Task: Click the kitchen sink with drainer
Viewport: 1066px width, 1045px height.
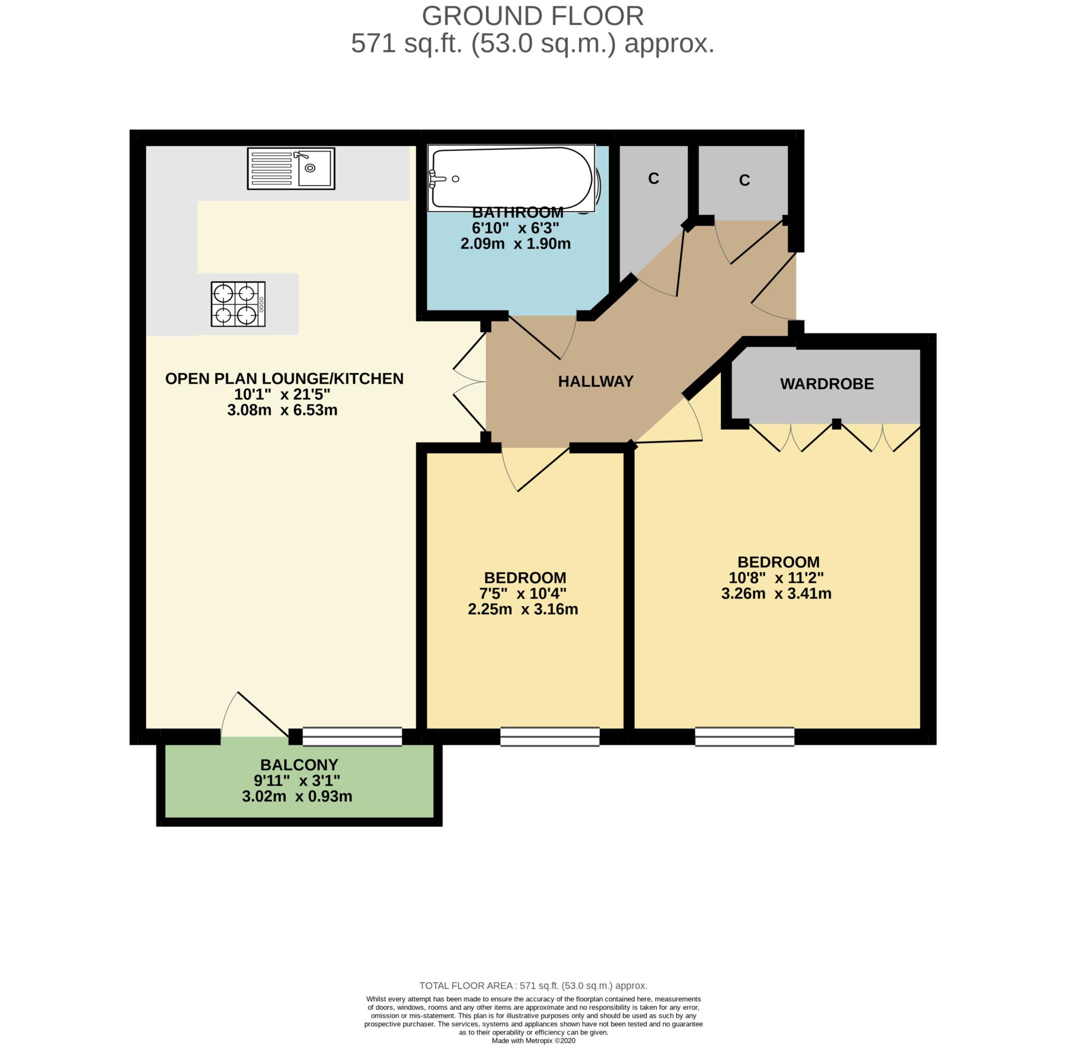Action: pyautogui.click(x=290, y=169)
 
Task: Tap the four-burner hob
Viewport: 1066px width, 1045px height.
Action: pyautogui.click(x=238, y=305)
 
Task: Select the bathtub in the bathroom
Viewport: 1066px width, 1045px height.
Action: pyautogui.click(x=511, y=178)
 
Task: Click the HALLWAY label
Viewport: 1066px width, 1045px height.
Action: pyautogui.click(x=595, y=381)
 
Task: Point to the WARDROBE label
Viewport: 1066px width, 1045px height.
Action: pyautogui.click(x=827, y=384)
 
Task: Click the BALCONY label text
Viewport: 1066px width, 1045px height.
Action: pyautogui.click(x=299, y=765)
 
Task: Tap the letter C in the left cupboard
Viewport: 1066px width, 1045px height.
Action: pyautogui.click(x=653, y=178)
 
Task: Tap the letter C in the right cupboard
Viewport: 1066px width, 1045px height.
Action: pyautogui.click(x=744, y=180)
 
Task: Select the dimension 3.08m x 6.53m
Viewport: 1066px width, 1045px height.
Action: pyautogui.click(x=282, y=410)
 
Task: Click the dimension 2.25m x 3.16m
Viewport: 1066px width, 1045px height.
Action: pyautogui.click(x=522, y=609)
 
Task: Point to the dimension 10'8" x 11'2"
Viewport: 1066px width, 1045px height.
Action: pyautogui.click(x=776, y=578)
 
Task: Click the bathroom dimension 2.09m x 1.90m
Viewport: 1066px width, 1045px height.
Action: pyautogui.click(x=515, y=243)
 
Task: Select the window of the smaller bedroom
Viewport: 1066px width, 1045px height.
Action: pyautogui.click(x=549, y=737)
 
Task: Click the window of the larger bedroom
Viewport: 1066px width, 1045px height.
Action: pyautogui.click(x=744, y=737)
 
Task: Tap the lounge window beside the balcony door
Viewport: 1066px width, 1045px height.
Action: pyautogui.click(x=352, y=737)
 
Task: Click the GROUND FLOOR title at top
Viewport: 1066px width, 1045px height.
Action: pyautogui.click(x=532, y=16)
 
